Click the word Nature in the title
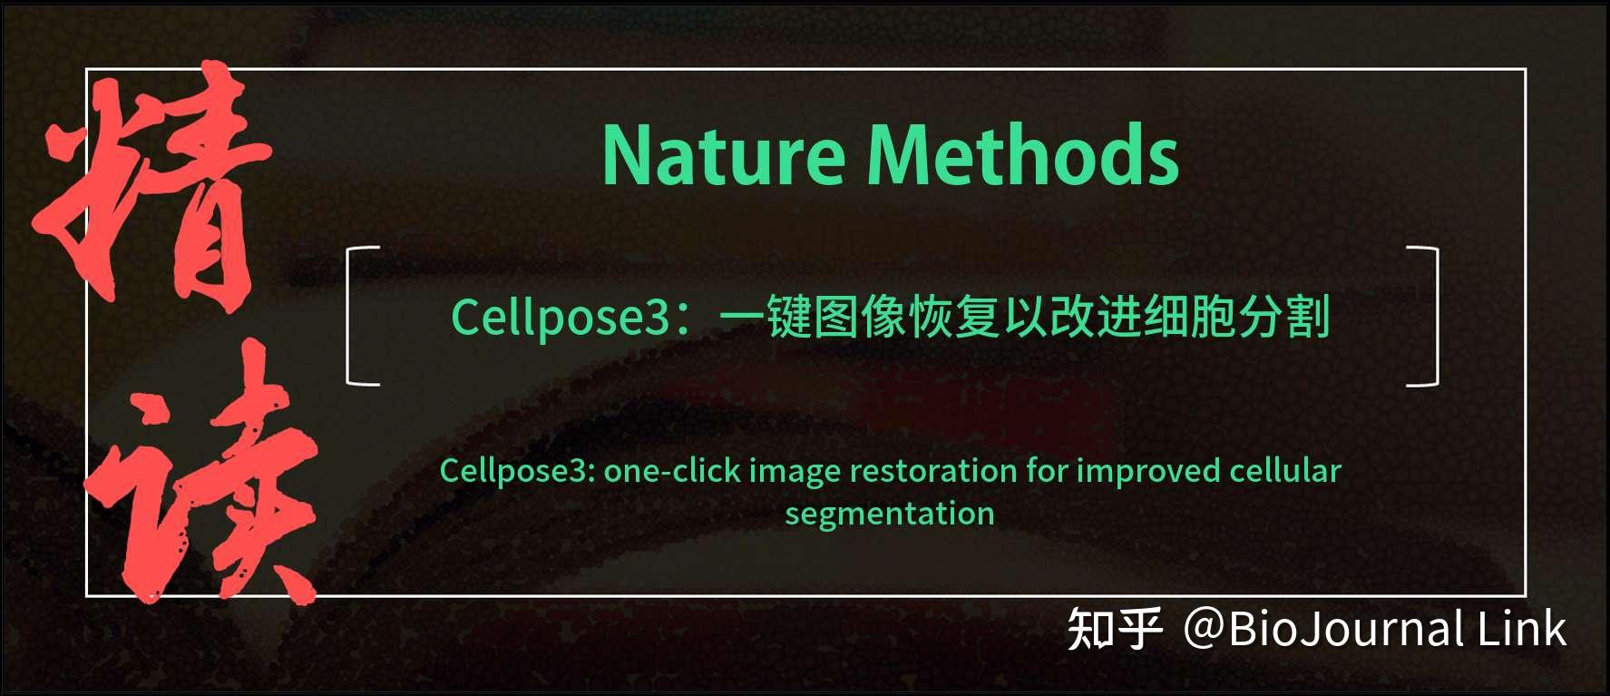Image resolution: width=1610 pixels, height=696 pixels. (x=724, y=155)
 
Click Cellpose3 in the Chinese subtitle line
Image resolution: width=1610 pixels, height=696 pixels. (x=560, y=318)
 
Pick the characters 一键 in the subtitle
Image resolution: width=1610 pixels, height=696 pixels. (x=765, y=317)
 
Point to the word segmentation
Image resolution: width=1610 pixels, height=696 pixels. (x=889, y=515)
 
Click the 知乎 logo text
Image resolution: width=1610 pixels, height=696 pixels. (x=1115, y=629)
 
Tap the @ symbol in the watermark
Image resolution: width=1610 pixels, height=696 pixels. (x=1205, y=629)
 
